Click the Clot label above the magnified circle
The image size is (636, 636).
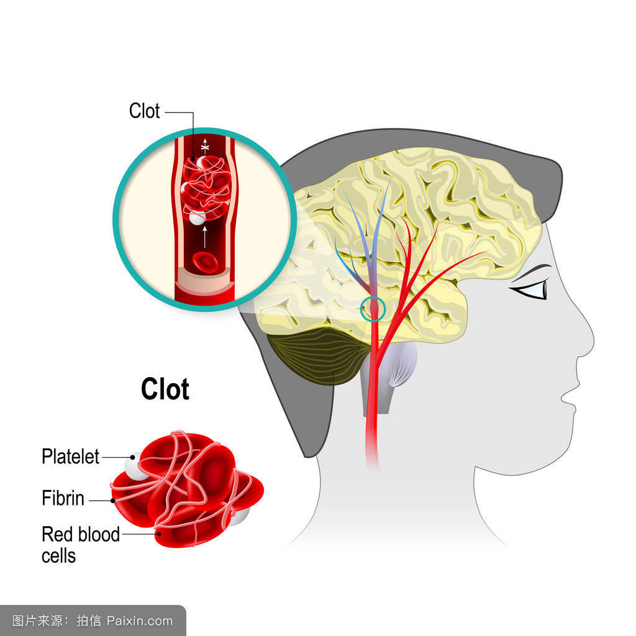pyautogui.click(x=144, y=111)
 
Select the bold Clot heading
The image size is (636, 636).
pyautogui.click(x=165, y=389)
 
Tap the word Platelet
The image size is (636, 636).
pyautogui.click(x=70, y=457)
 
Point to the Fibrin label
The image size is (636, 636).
pyautogui.click(x=63, y=498)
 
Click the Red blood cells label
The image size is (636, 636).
pyautogui.click(x=80, y=544)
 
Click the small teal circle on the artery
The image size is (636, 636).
pyautogui.click(x=373, y=308)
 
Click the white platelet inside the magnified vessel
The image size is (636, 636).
pyautogui.click(x=197, y=217)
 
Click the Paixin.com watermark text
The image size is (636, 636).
pyautogui.click(x=139, y=620)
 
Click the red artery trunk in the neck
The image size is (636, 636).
pyautogui.click(x=372, y=422)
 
